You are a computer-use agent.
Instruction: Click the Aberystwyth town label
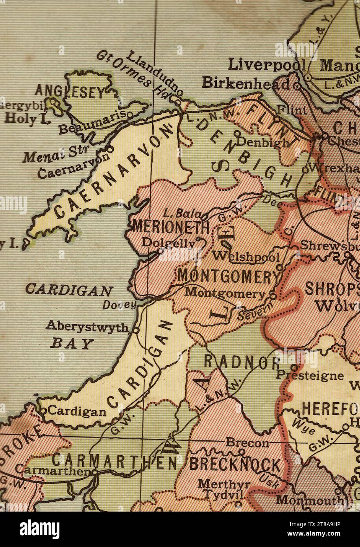87,326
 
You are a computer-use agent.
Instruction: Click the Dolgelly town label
169,243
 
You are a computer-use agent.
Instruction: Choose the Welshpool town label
246,257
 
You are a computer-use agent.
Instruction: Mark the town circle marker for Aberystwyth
135,329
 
